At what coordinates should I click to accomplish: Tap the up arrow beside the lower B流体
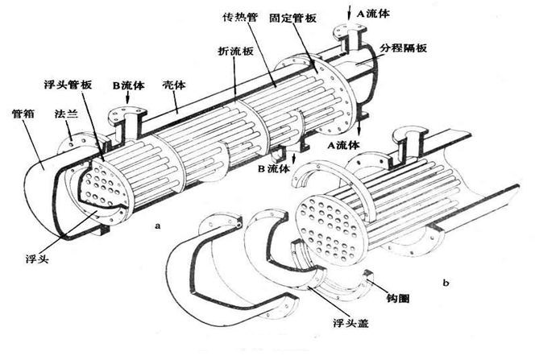point(297,163)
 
